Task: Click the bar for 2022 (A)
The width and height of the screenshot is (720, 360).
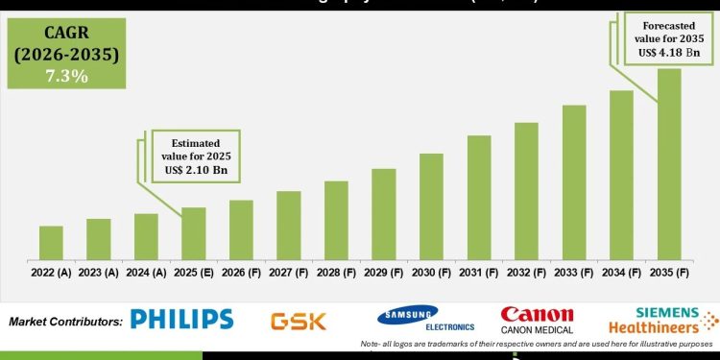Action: coord(51,242)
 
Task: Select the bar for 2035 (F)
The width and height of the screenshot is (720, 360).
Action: coord(668,163)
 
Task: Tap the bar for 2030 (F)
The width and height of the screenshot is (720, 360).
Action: coord(431,205)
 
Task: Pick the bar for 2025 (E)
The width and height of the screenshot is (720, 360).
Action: coord(194,233)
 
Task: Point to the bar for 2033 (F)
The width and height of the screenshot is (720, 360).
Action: coord(574,181)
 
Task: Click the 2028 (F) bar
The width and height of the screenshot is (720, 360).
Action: coord(336,220)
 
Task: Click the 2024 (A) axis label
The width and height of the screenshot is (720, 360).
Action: coord(146,273)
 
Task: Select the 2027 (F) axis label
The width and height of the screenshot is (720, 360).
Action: coord(289,273)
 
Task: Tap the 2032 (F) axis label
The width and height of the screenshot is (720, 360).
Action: coord(526,273)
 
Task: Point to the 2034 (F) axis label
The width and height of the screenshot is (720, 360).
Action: coord(621,273)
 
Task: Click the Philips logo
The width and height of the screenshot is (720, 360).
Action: coord(181,320)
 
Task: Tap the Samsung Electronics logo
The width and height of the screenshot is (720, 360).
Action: coord(407,320)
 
